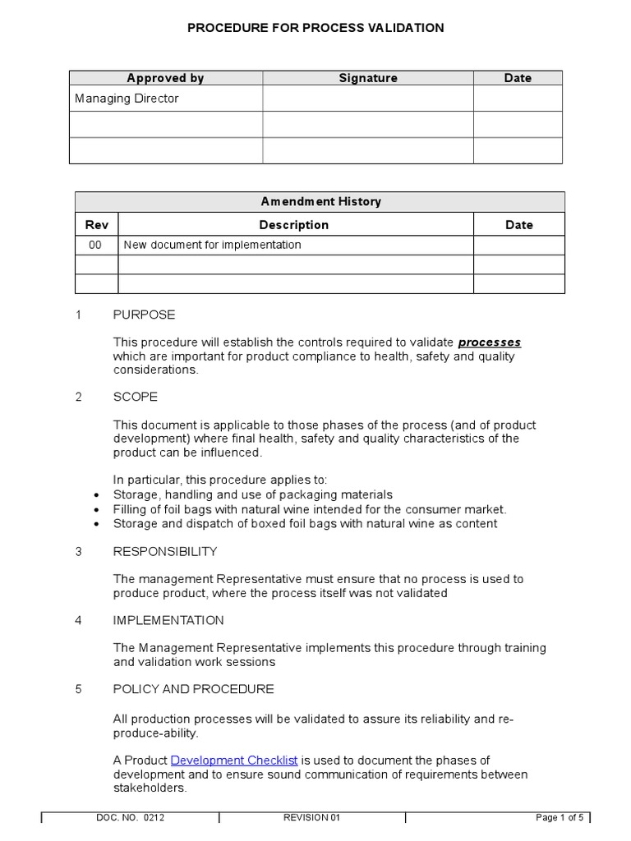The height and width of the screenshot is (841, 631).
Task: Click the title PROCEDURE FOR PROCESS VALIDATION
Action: tap(315, 28)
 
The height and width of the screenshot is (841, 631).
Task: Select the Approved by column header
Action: tap(165, 78)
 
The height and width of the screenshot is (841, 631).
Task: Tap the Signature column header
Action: tap(368, 78)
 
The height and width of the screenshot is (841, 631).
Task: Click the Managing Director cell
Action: tap(127, 99)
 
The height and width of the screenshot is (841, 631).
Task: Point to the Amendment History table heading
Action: tap(320, 201)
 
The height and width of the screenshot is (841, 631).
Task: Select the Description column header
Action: tap(294, 224)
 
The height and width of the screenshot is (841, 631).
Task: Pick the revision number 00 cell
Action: tap(96, 245)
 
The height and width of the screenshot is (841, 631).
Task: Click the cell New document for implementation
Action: tap(212, 245)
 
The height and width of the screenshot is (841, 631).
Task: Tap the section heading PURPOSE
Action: tap(144, 315)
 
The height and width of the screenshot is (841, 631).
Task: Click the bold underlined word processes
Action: tap(489, 342)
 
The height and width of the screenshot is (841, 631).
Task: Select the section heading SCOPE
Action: tap(136, 397)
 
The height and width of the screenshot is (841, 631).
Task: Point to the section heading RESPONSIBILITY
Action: tap(165, 551)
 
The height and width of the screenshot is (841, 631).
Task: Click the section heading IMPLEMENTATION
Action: tap(168, 620)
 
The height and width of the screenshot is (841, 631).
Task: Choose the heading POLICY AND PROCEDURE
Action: tap(193, 689)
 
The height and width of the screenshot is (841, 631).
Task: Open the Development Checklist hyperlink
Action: tap(234, 761)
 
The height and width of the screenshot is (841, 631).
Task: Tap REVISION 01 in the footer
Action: tap(311, 818)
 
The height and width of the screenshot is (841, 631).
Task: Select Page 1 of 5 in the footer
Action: tap(560, 818)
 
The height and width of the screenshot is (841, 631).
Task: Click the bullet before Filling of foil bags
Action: tap(97, 510)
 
